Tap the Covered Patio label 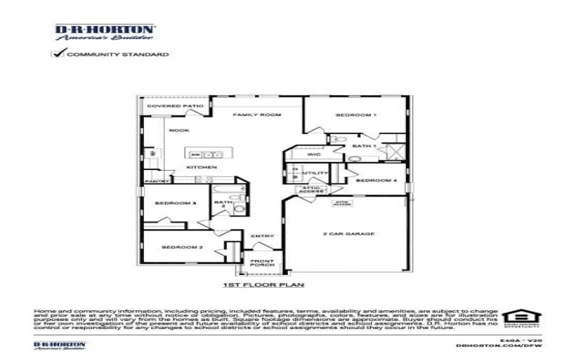point(176,106)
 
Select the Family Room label point(256,114)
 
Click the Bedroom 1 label point(356,115)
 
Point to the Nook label point(178,130)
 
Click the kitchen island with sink point(204,154)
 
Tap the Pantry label point(156,181)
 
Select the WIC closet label point(313,154)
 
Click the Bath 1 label point(364,146)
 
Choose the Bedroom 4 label point(377,180)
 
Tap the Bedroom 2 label point(176,247)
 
